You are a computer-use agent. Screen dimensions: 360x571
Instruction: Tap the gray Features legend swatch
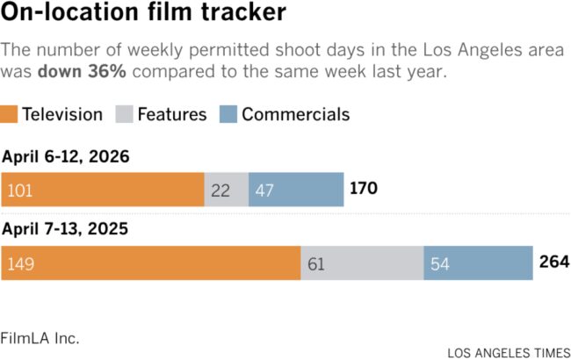pos(124,114)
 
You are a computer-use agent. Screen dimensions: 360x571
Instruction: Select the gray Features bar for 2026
pos(227,189)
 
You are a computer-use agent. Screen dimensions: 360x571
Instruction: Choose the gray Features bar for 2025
pos(362,263)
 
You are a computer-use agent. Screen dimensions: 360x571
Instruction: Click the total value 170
pos(365,189)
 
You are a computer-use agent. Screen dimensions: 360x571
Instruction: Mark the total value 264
pos(554,263)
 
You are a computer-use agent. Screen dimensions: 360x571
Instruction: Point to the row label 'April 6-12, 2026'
pos(66,158)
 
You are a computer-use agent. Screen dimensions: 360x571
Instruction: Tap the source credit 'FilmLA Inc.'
pos(40,337)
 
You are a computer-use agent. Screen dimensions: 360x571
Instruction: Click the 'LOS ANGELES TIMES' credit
pos(507,353)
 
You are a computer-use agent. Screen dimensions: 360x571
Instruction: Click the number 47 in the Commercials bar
pos(265,190)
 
